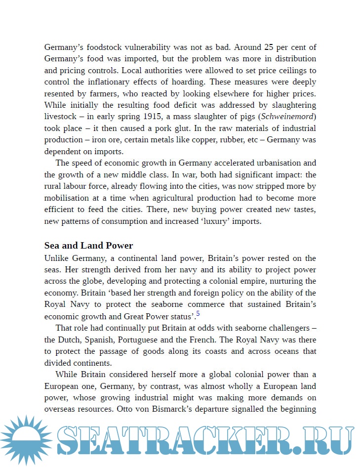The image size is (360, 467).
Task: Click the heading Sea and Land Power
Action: click(x=88, y=246)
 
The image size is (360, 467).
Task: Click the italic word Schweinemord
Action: click(x=288, y=117)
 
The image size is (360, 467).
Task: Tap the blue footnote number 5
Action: click(x=198, y=314)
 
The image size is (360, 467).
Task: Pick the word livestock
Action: click(x=61, y=117)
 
